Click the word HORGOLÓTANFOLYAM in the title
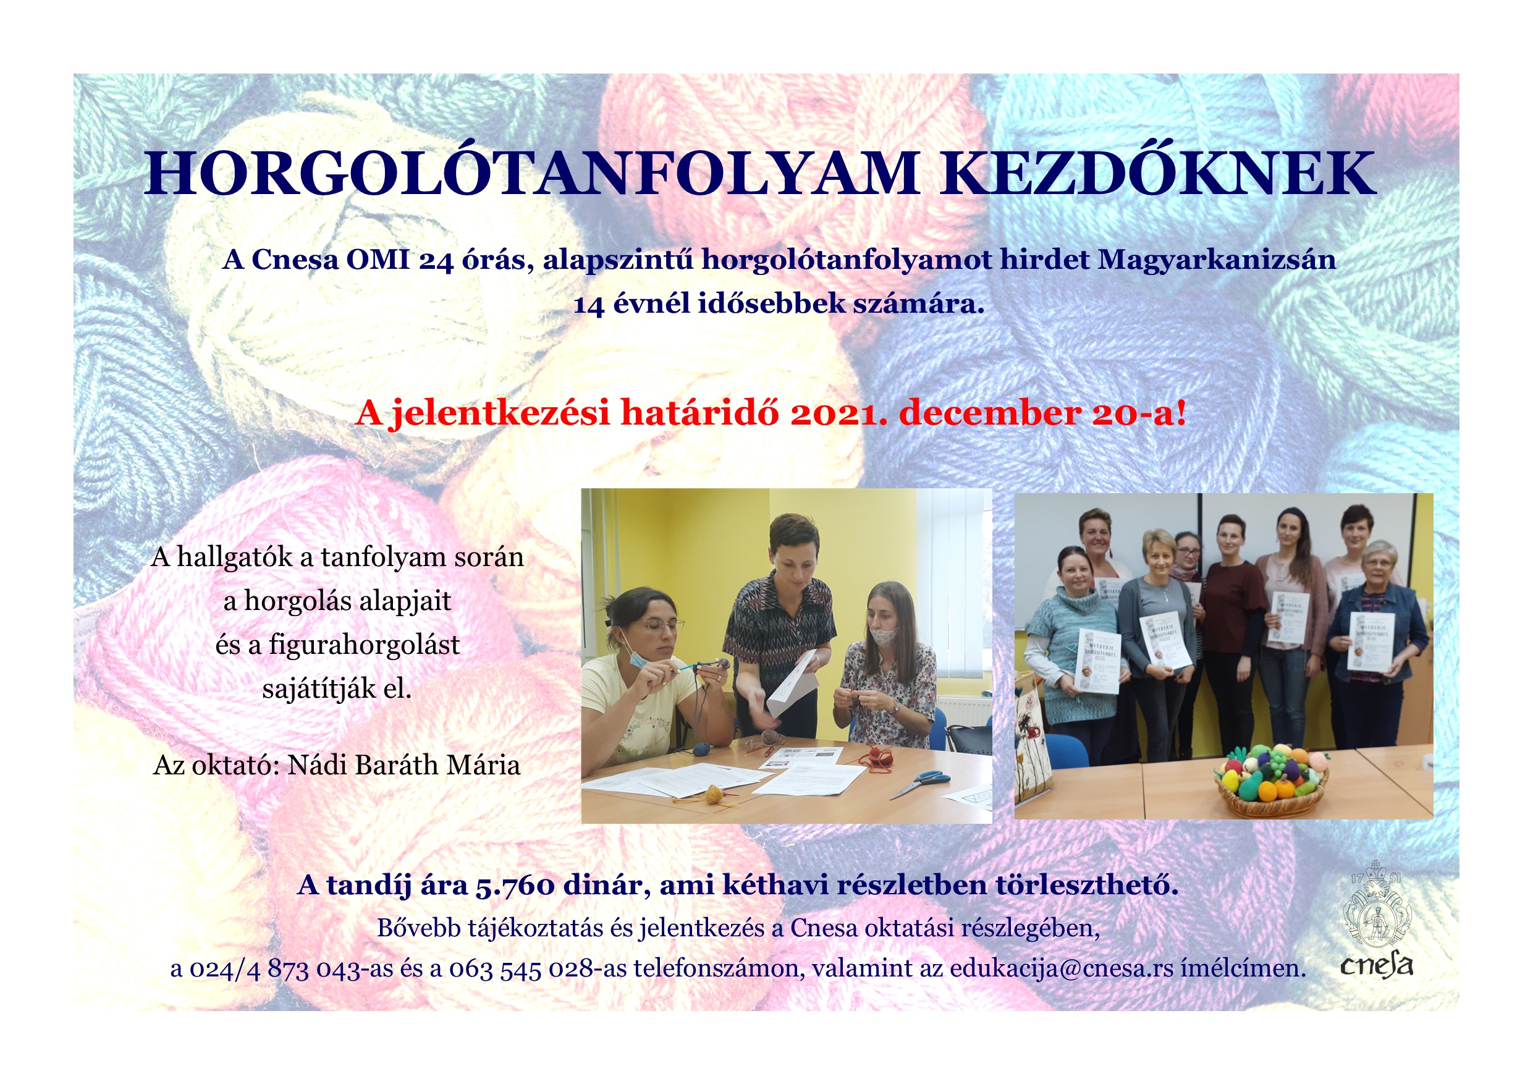pos(531,174)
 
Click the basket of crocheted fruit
pos(1270,779)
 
